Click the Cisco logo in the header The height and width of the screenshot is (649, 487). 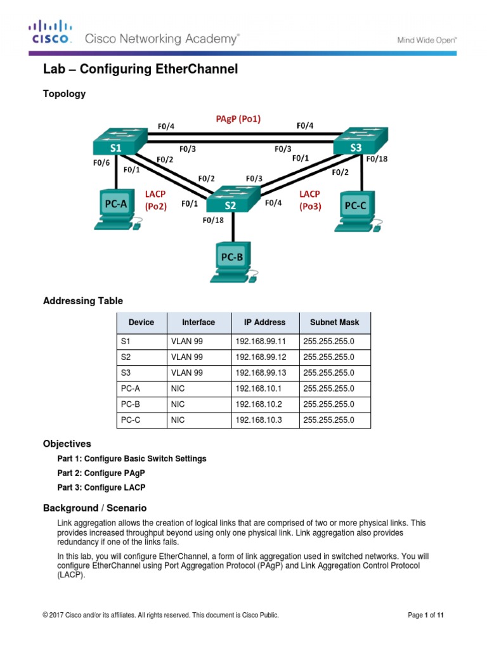[51, 32]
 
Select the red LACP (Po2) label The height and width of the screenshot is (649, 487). [155, 200]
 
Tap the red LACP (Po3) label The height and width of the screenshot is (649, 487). [310, 200]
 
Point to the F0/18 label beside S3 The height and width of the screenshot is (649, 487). [376, 159]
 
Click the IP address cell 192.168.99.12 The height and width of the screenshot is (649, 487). [260, 357]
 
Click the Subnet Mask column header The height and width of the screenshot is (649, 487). [334, 322]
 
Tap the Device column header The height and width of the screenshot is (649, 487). [141, 322]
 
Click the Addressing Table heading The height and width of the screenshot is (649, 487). [82, 301]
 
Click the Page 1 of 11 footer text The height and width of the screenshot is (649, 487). [425, 615]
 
